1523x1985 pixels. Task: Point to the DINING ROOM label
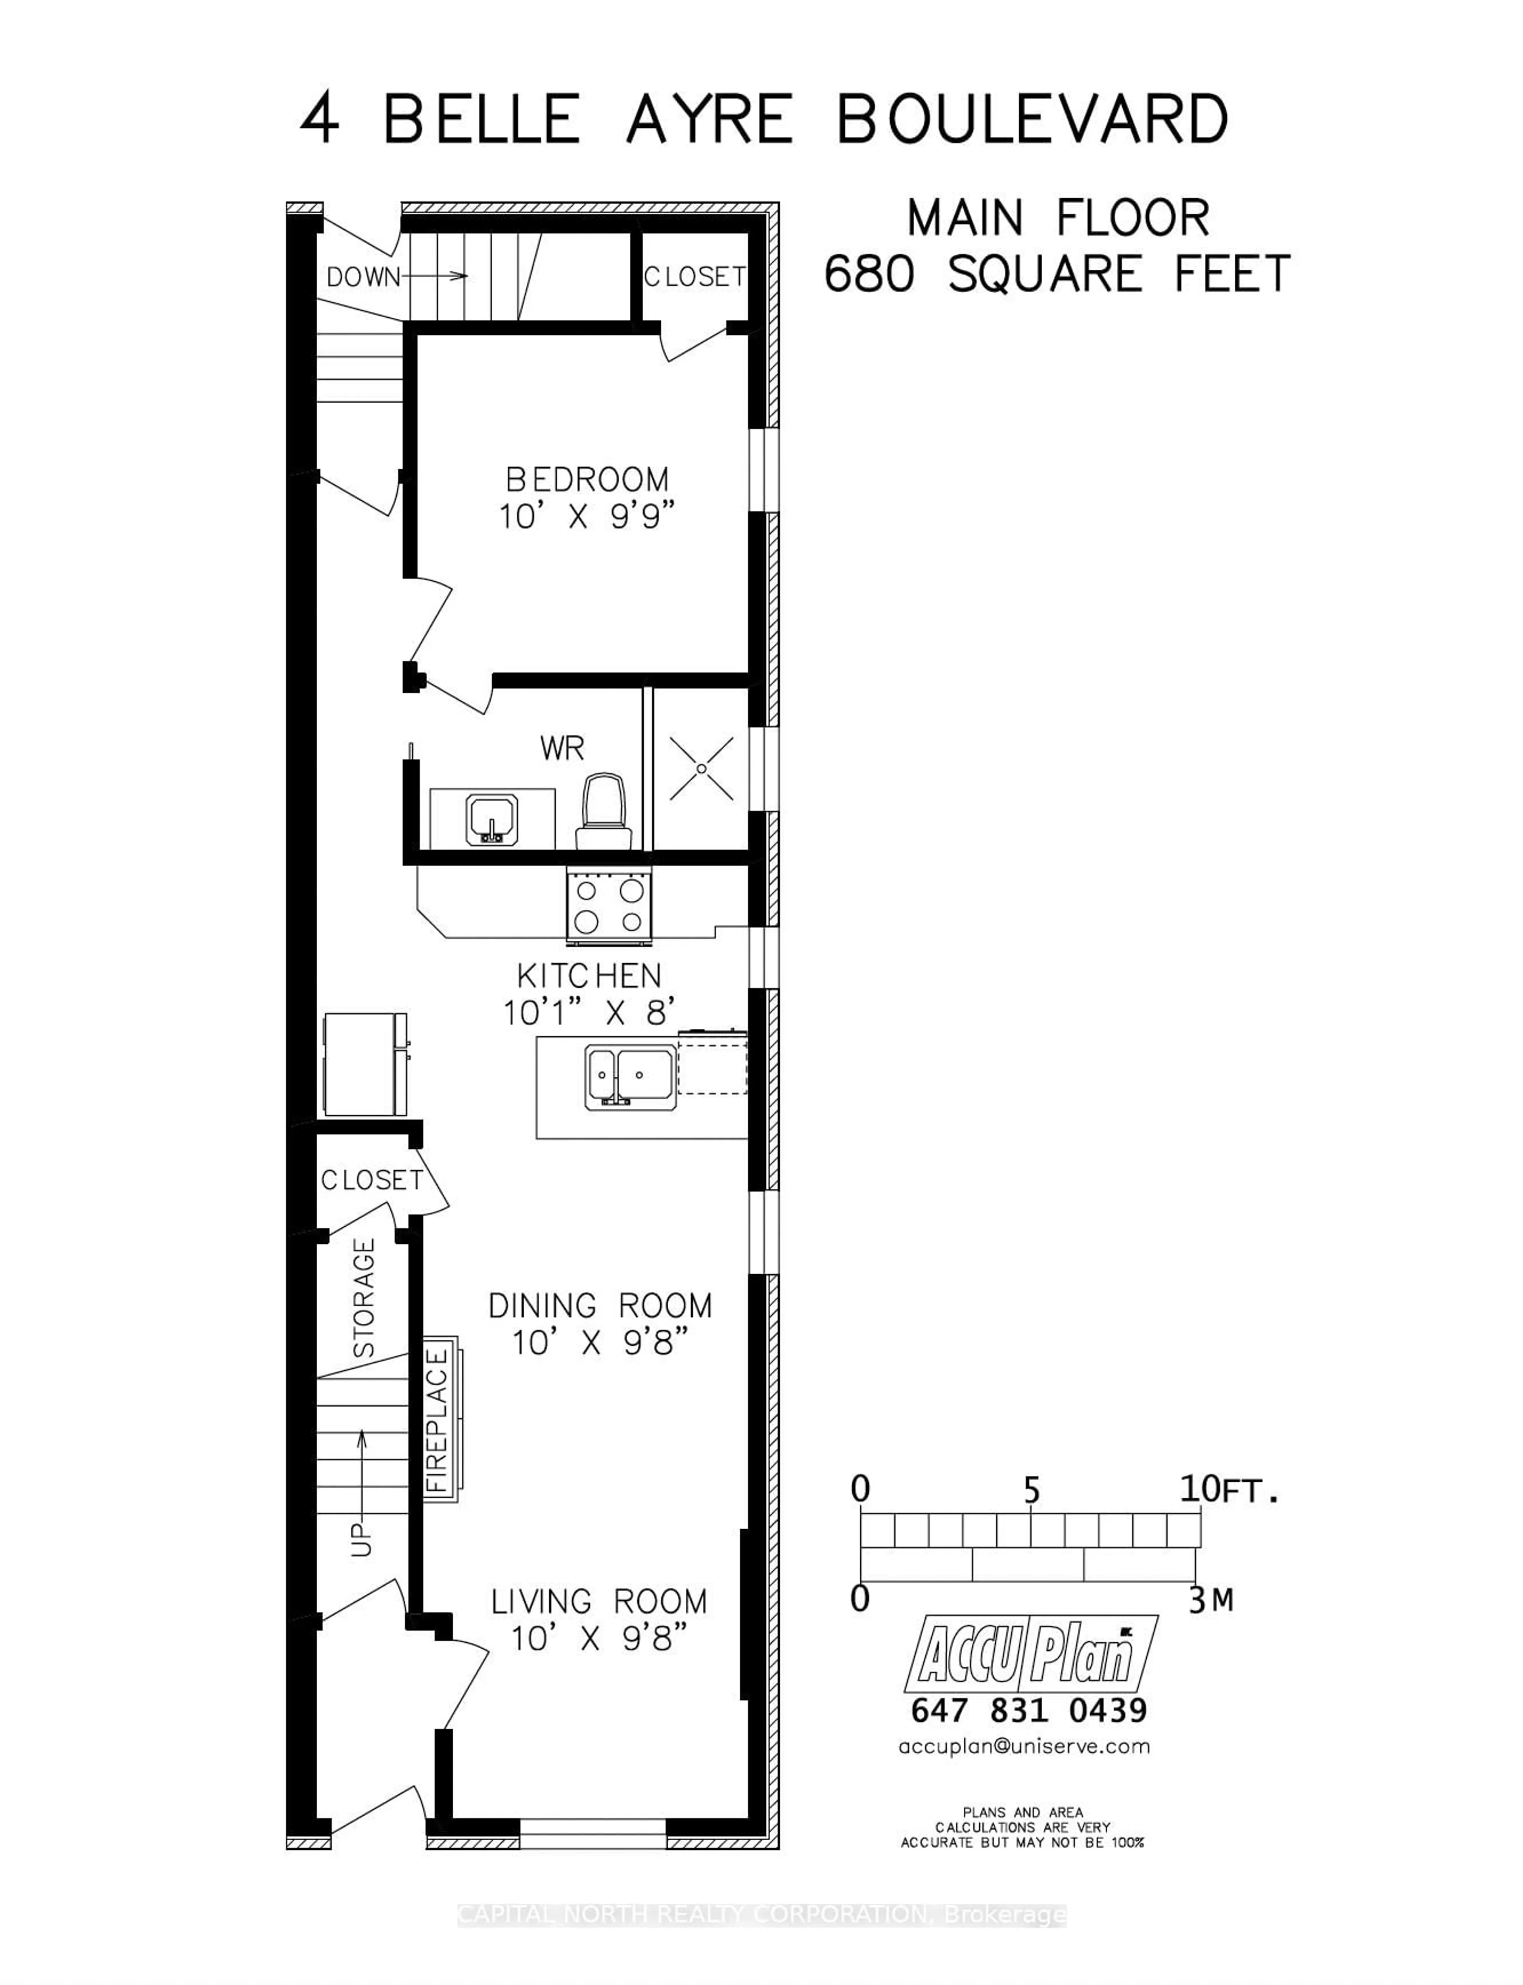[600, 1306]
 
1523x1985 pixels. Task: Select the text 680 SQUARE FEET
[1056, 274]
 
